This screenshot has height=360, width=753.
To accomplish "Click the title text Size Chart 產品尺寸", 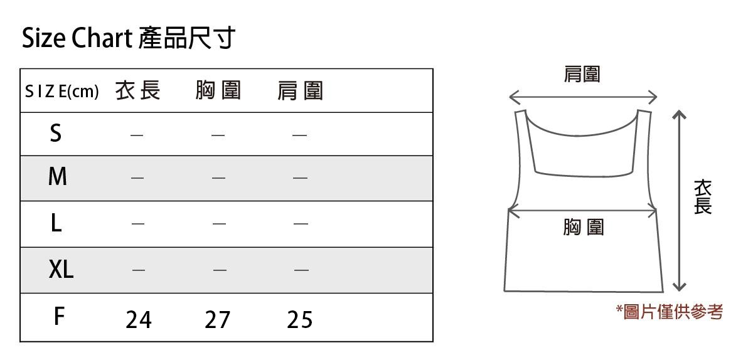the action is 129,39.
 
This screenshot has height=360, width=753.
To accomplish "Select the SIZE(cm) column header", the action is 62,92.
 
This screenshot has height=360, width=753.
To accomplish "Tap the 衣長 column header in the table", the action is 138,92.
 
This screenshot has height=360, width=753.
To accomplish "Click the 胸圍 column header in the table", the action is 218,92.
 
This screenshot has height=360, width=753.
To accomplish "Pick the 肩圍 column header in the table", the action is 300,92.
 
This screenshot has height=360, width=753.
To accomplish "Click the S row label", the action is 56,133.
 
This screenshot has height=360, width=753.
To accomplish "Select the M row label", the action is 57,177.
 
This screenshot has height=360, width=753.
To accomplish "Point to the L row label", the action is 56,223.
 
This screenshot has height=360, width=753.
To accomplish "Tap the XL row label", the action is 61,270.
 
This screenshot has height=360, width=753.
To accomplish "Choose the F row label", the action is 58,317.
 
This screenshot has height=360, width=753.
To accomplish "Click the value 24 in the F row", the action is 139,320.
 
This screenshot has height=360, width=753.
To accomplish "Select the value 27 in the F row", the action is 218,320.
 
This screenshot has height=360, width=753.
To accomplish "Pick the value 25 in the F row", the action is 300,320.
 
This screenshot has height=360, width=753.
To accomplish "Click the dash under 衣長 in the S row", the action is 137,134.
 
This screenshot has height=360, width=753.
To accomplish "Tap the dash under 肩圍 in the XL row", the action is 301,270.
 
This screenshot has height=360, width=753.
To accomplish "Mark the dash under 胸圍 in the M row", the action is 218,178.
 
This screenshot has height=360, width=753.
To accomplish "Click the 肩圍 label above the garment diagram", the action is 582,75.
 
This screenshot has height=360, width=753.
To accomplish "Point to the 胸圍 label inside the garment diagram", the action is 584,227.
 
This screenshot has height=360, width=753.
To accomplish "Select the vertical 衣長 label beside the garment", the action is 703,197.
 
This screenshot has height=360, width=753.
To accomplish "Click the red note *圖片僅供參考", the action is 670,311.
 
